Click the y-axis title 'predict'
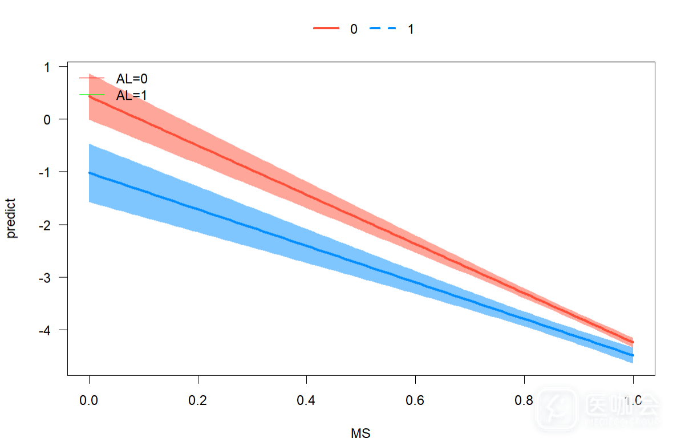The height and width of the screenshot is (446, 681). tap(12, 218)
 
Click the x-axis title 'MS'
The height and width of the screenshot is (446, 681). tap(360, 434)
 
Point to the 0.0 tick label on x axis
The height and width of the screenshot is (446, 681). tap(89, 401)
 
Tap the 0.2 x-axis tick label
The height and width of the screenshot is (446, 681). tap(198, 401)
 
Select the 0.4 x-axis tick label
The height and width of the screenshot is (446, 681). tap(306, 401)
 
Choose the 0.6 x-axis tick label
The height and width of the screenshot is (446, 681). tap(415, 401)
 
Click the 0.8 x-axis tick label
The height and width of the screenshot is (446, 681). tap(524, 401)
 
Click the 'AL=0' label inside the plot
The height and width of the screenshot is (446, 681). tap(132, 79)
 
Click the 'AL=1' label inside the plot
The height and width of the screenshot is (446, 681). tap(132, 95)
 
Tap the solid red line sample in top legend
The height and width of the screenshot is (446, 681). tap(326, 29)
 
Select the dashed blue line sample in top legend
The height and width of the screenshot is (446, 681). tap(383, 29)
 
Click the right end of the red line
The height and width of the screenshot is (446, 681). tap(632, 342)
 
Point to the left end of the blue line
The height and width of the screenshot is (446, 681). tap(90, 173)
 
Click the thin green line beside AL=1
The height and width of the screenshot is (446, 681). tap(92, 94)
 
